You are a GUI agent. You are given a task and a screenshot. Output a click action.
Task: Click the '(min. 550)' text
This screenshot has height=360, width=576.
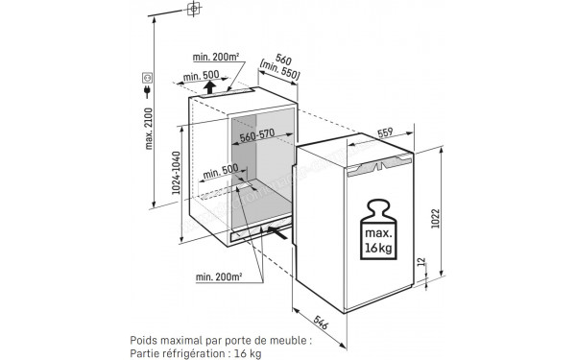tap(278, 73)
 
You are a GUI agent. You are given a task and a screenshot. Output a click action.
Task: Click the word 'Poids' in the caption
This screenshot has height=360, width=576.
tap(144, 339)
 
